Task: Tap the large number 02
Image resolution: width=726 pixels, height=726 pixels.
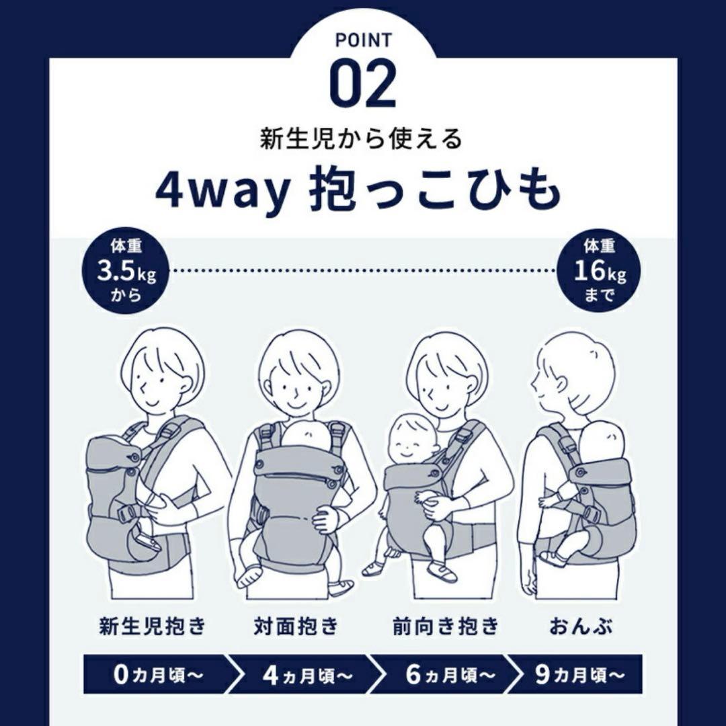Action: [x=362, y=86]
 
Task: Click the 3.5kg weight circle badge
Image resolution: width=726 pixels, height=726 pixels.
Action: [x=126, y=272]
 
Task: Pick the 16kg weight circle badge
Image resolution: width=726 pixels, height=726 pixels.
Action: [x=599, y=272]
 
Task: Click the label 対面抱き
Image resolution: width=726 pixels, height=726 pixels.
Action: [x=296, y=626]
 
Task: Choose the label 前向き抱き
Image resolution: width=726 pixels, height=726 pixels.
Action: [x=446, y=626]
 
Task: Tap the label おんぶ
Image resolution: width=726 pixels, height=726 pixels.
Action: [x=581, y=626]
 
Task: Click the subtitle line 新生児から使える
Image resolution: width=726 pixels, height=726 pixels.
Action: [x=362, y=139]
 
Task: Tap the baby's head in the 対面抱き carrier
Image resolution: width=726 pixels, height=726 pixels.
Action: [x=307, y=435]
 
